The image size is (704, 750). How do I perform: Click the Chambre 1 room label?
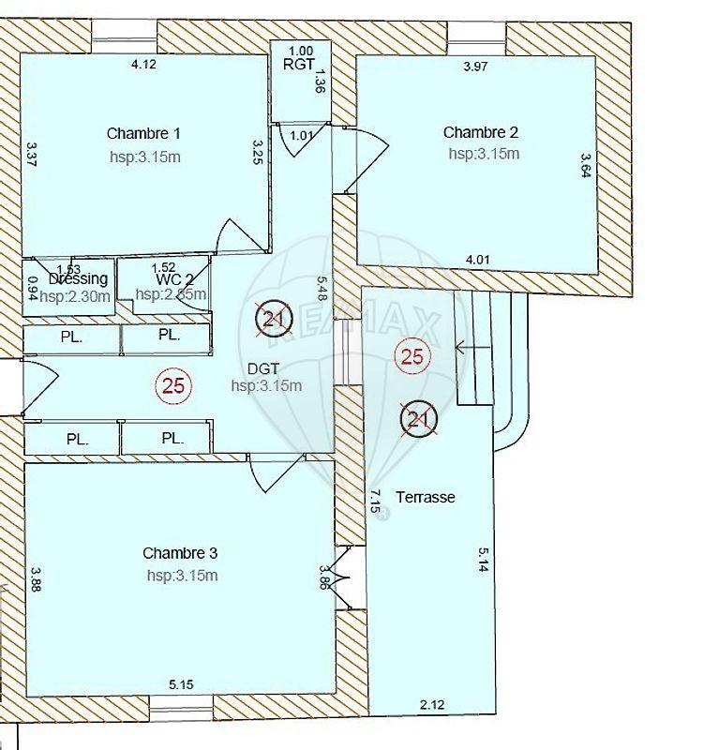tap(142, 133)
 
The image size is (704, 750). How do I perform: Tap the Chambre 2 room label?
tap(480, 132)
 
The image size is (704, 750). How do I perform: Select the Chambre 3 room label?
tap(180, 553)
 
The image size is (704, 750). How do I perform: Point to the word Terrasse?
tap(425, 497)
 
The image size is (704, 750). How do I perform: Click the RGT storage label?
tap(299, 65)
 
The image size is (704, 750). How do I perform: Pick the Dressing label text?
tap(78, 278)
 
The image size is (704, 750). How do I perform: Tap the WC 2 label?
tap(174, 278)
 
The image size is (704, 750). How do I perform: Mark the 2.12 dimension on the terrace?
tap(433, 704)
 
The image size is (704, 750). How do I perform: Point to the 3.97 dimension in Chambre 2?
tap(477, 67)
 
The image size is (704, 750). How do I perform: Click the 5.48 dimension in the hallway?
tap(322, 291)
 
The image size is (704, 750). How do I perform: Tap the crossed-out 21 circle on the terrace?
tap(418, 419)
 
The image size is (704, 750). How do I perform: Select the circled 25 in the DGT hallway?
tap(173, 384)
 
